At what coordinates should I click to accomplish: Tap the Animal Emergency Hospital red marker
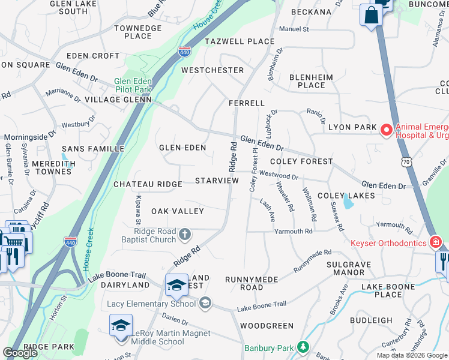tap(387, 129)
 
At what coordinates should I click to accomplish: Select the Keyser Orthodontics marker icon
tap(435, 243)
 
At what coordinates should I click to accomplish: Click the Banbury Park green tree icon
tap(304, 347)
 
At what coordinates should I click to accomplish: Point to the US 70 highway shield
tap(408, 161)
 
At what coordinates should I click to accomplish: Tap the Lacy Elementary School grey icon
tap(206, 303)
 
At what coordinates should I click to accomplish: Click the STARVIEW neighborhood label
tap(217, 181)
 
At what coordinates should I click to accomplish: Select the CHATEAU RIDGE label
tap(148, 184)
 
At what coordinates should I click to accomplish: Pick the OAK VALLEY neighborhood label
tap(178, 211)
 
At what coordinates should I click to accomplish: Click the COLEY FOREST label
tap(301, 161)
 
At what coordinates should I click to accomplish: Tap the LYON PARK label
tap(352, 127)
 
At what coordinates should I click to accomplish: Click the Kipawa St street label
tap(138, 207)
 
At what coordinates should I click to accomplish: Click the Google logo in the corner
tap(20, 353)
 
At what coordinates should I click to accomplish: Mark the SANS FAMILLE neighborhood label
tap(93, 148)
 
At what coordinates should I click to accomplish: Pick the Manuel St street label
tap(294, 29)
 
